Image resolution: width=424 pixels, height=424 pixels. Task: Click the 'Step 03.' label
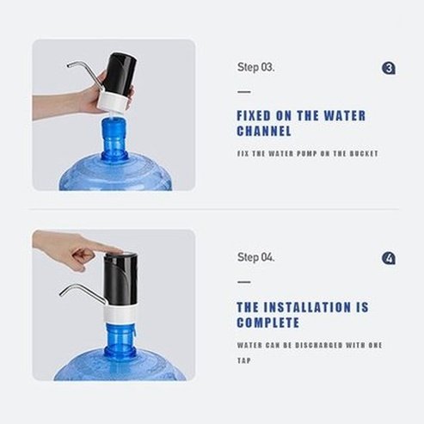coord(256,66)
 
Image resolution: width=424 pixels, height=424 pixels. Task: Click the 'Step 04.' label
coord(256,257)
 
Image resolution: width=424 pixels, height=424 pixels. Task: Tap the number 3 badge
coord(389,67)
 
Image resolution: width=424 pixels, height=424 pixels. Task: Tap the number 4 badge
coord(389,258)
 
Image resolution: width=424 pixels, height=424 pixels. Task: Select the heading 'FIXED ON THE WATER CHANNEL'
coord(288,124)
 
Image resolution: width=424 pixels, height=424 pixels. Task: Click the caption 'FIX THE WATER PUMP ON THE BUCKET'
coord(307,154)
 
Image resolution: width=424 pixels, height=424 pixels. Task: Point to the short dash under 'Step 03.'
coord(243,91)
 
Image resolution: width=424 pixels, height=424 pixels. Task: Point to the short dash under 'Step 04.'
coord(243,282)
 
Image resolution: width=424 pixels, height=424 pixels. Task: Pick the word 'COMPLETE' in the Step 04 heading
coord(268,323)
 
